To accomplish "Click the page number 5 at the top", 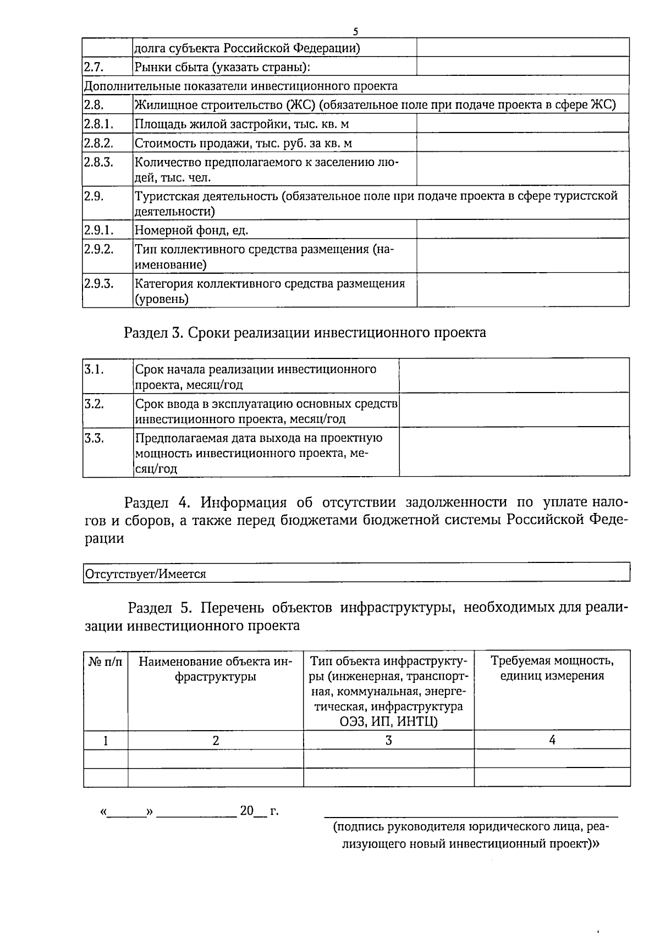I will pyautogui.click(x=356, y=31).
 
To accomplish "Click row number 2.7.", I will pyautogui.click(x=94, y=67).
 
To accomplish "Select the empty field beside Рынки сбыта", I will pyautogui.click(x=522, y=67).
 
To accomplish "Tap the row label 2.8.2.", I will pyautogui.click(x=98, y=143).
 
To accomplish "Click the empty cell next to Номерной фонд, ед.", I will pyautogui.click(x=522, y=229).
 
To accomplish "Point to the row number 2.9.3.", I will pyautogui.click(x=98, y=284).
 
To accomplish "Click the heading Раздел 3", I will pyautogui.click(x=305, y=333).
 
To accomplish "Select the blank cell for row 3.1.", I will pyautogui.click(x=514, y=376).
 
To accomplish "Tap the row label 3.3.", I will pyautogui.click(x=94, y=439).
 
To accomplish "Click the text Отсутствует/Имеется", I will pyautogui.click(x=145, y=574).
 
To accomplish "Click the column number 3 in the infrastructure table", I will pyautogui.click(x=388, y=740).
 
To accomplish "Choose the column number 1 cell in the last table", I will pyautogui.click(x=106, y=740).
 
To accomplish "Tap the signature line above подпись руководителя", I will pyautogui.click(x=471, y=815).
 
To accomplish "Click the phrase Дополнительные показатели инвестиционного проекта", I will pyautogui.click(x=240, y=86).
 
